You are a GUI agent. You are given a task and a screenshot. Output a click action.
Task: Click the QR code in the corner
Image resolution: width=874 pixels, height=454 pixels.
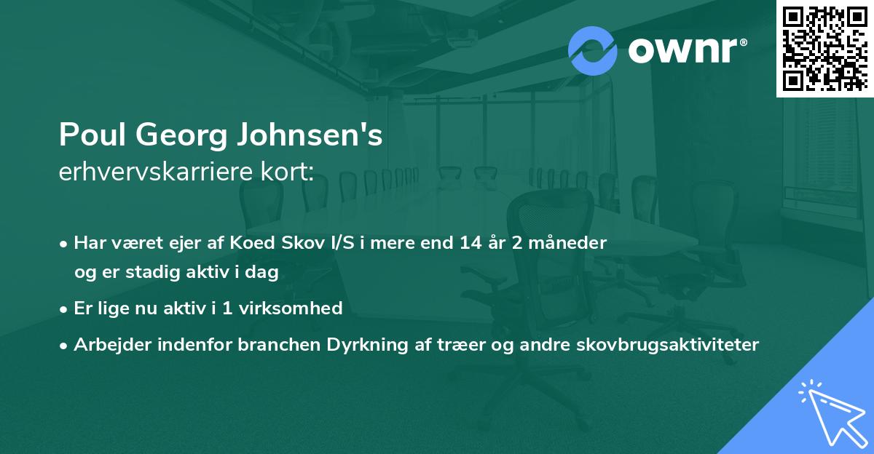pyautogui.click(x=825, y=48)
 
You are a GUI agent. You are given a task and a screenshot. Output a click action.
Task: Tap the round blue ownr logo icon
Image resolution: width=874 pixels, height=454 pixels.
pyautogui.click(x=593, y=51)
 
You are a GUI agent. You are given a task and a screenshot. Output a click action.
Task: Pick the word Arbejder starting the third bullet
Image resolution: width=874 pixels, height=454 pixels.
pyautogui.click(x=107, y=344)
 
